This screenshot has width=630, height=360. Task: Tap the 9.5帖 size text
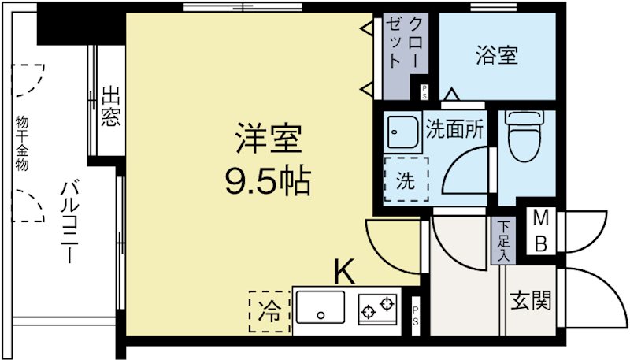coord(269,182)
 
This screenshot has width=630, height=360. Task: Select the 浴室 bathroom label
coord(497,56)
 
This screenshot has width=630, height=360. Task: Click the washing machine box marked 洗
coord(406,181)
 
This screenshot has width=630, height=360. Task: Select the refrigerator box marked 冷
coord(269,311)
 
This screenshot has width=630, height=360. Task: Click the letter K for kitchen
coord(343,272)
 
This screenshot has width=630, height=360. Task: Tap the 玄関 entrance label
coord(530,300)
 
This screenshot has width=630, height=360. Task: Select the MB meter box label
coord(542,230)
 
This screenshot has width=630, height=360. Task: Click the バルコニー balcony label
coord(66,225)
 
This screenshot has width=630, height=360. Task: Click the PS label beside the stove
coord(416,315)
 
